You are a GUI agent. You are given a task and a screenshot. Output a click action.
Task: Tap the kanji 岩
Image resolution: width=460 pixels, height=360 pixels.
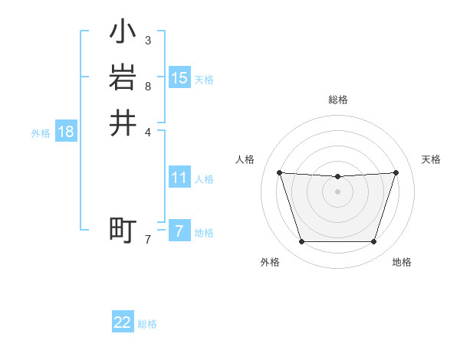point(123,78)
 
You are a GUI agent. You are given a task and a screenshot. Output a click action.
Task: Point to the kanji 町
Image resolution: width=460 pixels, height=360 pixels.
point(123,230)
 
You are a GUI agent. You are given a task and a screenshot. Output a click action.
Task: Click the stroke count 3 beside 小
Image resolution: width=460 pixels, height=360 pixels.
point(148,40)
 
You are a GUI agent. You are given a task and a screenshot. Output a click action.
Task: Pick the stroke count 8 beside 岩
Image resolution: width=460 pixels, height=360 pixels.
point(148,86)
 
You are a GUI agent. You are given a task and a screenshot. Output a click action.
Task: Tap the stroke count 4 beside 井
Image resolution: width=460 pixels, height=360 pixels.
point(148,131)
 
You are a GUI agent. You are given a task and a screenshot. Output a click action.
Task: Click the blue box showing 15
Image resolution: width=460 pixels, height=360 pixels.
point(179,78)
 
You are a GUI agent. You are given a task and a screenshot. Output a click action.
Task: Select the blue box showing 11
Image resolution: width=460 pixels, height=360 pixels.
point(179,178)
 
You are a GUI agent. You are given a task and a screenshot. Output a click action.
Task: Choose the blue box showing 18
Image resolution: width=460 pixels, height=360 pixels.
point(66,132)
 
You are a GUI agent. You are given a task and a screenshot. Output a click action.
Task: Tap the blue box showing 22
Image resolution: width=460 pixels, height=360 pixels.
point(123,322)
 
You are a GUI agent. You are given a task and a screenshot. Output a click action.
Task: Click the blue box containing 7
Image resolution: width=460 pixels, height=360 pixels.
point(179,231)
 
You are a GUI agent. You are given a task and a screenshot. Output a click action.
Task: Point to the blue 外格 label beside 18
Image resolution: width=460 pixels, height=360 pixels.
point(41,133)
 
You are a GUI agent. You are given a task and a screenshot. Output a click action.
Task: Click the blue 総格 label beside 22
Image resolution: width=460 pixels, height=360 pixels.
point(147,324)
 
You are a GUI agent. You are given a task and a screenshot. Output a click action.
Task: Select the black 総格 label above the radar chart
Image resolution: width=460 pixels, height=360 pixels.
point(338,100)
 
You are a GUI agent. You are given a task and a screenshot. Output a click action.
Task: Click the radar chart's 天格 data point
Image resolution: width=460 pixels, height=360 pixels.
point(396,172)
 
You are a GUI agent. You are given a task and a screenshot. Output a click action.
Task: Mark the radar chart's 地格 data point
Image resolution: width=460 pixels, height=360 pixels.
point(374,242)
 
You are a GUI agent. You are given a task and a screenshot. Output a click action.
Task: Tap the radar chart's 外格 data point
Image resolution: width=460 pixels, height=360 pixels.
point(301,242)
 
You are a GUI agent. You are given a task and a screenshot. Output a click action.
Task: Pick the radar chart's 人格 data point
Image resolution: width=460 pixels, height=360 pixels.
point(279,172)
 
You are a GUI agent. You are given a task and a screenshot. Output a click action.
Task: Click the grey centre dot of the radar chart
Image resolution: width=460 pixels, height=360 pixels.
point(338,191)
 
